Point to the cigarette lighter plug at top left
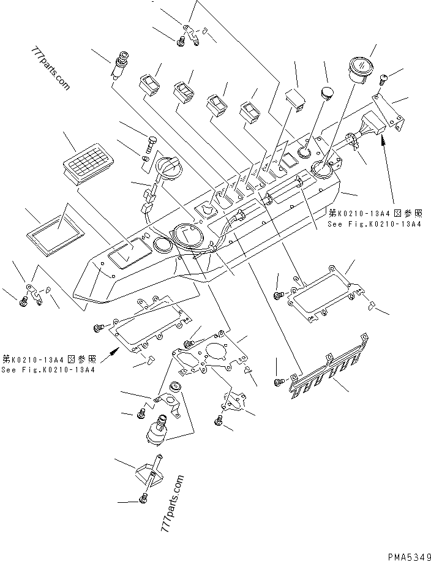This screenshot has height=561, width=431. (119, 66)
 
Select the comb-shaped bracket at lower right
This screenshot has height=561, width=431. (331, 369)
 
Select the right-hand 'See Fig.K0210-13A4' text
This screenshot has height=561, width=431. (375, 219)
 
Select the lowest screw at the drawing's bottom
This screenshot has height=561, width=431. (143, 500)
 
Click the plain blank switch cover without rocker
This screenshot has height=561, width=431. (296, 98)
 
